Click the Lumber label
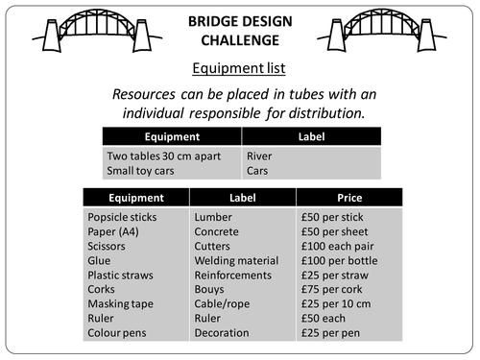click(x=214, y=218)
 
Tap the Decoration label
click(x=224, y=332)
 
